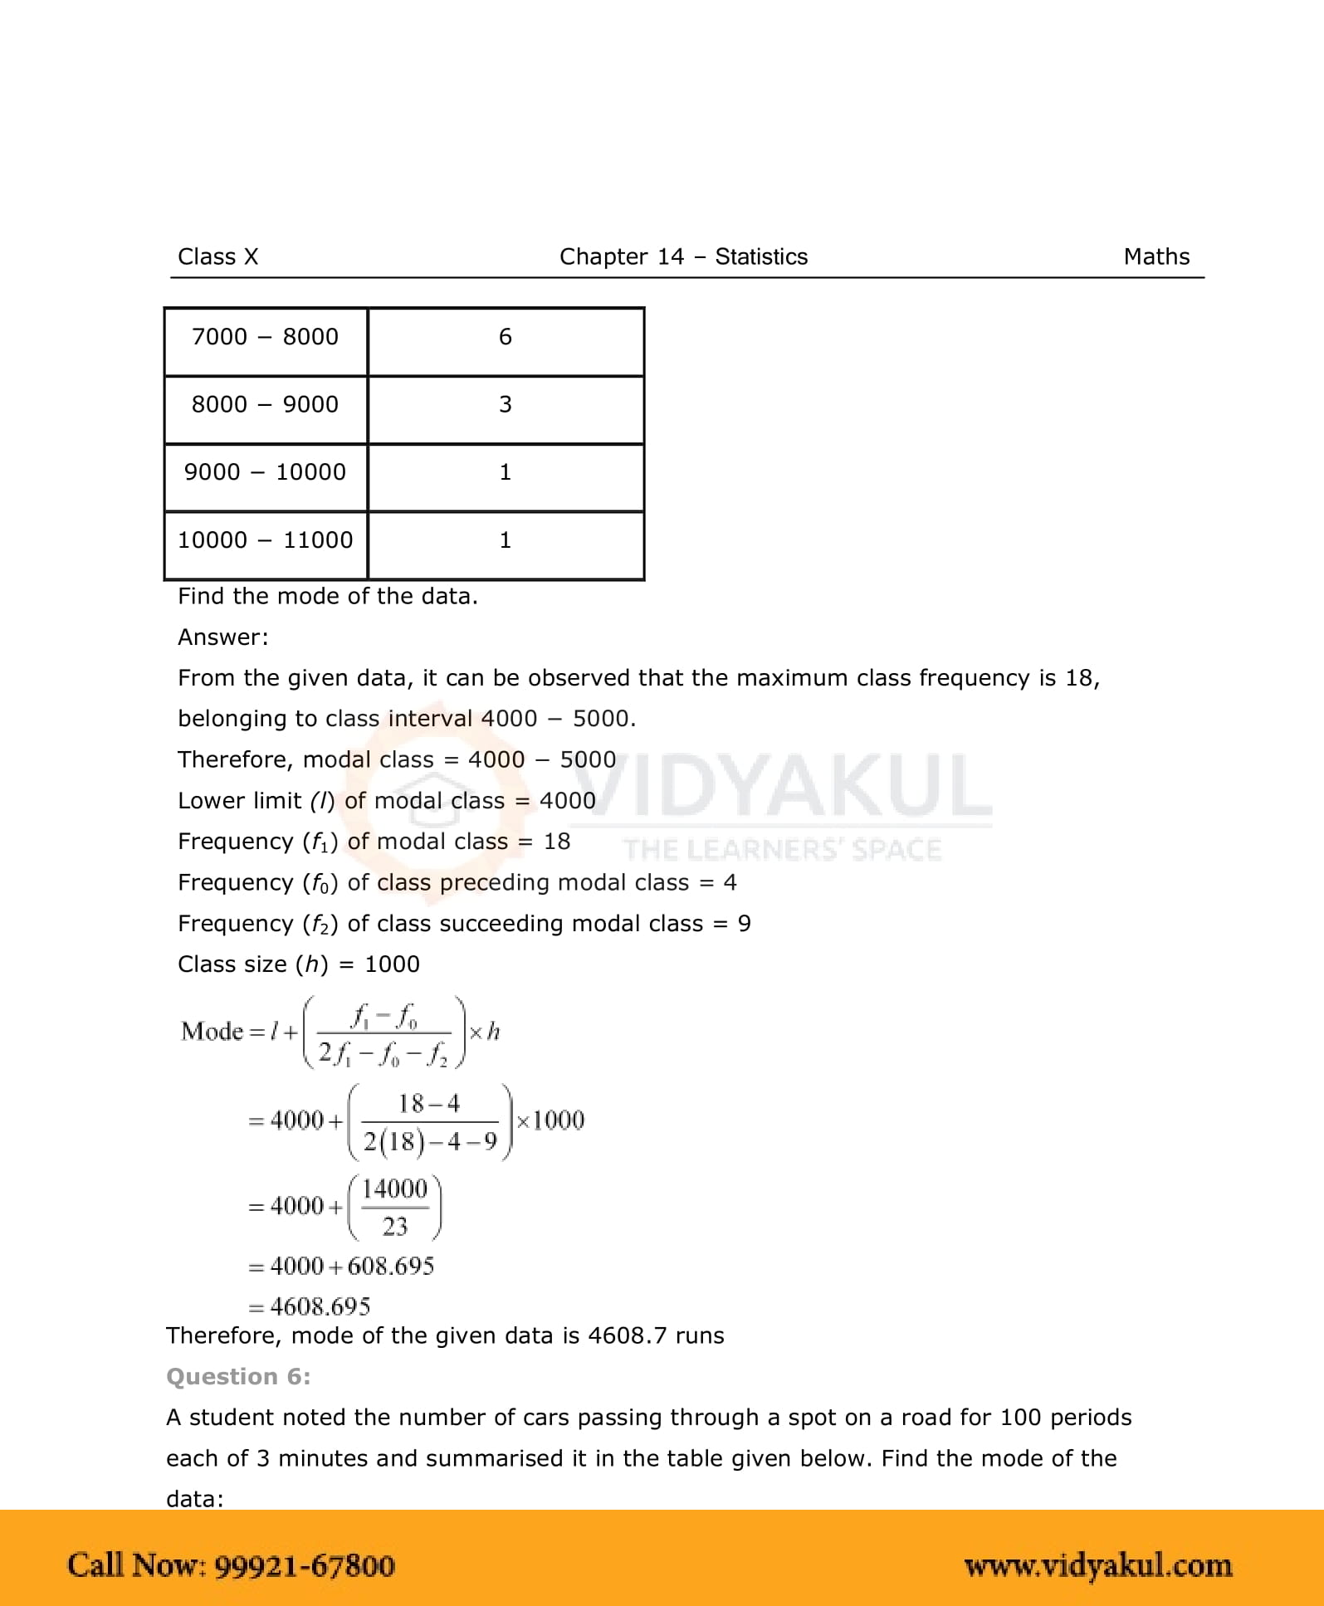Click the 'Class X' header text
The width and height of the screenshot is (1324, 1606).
tap(217, 257)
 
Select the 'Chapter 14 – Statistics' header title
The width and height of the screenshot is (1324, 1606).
tap(683, 257)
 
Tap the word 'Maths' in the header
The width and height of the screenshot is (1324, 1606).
tap(1156, 257)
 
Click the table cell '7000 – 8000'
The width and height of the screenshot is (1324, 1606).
tap(265, 337)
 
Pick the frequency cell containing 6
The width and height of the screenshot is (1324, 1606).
tap(506, 337)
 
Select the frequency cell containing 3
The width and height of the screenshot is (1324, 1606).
tap(506, 405)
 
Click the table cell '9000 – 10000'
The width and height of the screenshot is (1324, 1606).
tap(265, 472)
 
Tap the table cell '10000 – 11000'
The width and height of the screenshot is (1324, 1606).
tap(265, 540)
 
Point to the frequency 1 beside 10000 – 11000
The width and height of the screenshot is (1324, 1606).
tap(506, 540)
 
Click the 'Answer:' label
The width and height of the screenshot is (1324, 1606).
tap(223, 637)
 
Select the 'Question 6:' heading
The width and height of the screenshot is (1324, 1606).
tap(238, 1377)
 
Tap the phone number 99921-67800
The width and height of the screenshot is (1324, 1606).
tap(305, 1566)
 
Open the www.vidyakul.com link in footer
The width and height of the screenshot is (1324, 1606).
tap(1097, 1566)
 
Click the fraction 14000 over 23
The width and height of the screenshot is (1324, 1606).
tap(395, 1208)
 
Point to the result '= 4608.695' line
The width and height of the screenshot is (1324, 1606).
tap(310, 1307)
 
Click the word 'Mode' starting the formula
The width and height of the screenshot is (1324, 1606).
tap(212, 1032)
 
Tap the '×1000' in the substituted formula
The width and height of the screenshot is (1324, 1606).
tap(550, 1121)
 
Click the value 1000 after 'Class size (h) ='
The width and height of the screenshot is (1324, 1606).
tap(392, 964)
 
